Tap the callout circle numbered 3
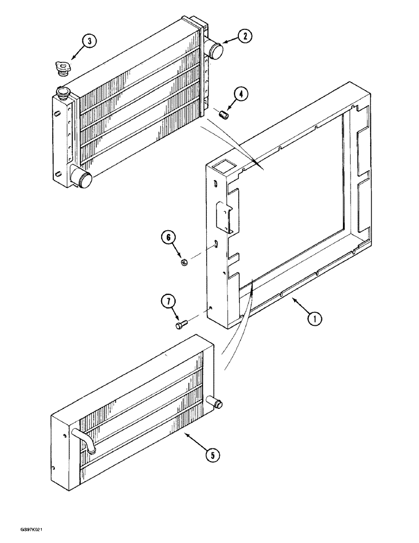90,41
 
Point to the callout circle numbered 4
241,94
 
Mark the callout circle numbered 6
168,237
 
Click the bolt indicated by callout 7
181,325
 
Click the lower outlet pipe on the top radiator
83,179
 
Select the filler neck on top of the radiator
64,92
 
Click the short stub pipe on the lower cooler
215,403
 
